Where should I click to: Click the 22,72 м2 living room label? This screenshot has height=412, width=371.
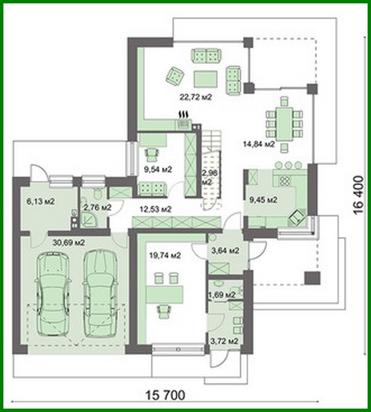click(196, 97)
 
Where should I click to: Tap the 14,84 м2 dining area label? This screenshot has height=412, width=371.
click(259, 143)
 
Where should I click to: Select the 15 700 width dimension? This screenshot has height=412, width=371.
click(165, 395)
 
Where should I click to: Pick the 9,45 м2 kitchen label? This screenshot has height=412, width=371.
click(264, 200)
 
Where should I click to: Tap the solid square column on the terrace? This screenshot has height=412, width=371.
click(312, 278)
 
